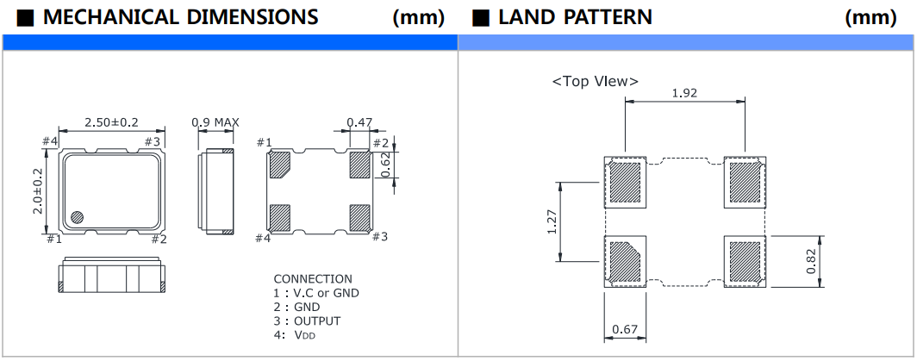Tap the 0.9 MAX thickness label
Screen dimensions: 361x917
pos(215,121)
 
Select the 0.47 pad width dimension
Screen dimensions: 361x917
pos(359,121)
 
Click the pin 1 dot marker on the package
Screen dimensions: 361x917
pos(76,217)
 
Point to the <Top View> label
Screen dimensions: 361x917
pos(595,81)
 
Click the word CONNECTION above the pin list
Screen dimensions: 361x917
pos(313,279)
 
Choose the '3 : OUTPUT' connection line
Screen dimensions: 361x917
pos(307,321)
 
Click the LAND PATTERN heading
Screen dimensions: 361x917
pos(575,16)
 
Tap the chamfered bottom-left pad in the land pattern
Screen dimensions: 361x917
pos(624,261)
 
